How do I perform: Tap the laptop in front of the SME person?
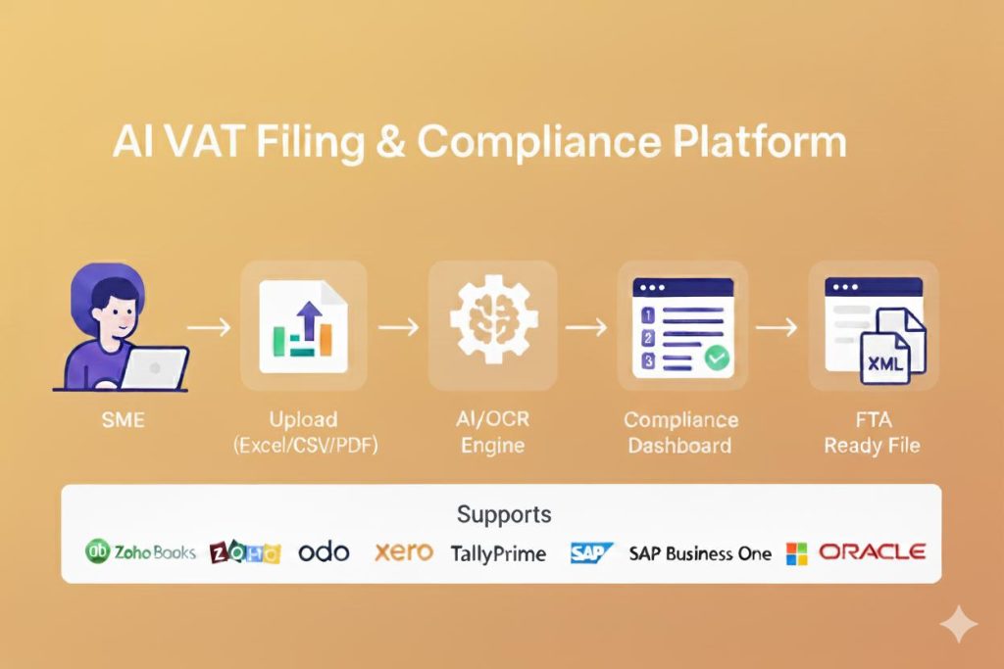(x=156, y=369)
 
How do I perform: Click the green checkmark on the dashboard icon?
(x=719, y=359)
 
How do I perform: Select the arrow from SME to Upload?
(x=210, y=326)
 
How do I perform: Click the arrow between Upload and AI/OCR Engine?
(x=399, y=326)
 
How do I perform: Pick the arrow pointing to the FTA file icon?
(x=776, y=326)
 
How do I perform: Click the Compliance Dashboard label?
(x=680, y=432)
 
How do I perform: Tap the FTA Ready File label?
(x=872, y=432)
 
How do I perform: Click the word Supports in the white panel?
(x=503, y=513)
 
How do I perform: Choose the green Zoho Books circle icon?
(x=97, y=551)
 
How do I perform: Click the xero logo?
(x=403, y=551)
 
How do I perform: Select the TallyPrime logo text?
(x=498, y=552)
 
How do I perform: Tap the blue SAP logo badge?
(x=591, y=552)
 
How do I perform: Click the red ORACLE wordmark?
(x=872, y=551)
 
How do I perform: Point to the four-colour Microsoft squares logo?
(x=796, y=553)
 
